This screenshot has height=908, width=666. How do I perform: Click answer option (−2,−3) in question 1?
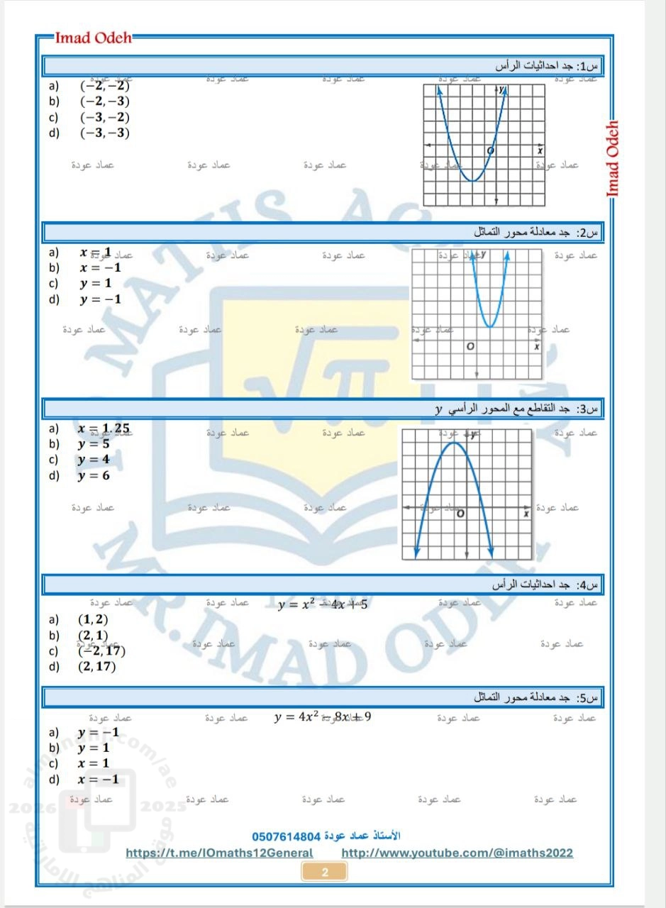point(105,101)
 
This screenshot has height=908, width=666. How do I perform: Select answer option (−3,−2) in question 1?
point(105,117)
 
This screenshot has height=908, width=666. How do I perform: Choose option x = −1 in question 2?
point(100,267)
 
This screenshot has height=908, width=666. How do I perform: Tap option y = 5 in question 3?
point(94,444)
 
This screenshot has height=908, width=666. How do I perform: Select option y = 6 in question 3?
point(94,475)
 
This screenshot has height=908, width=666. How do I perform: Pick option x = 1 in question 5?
point(94,763)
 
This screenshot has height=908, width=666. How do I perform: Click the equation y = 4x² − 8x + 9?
point(323,716)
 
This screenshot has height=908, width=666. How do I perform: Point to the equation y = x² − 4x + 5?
point(323,604)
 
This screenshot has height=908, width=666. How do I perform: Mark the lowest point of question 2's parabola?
point(490,327)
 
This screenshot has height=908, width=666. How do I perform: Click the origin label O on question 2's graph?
point(470,347)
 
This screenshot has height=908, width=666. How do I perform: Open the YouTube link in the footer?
point(457,853)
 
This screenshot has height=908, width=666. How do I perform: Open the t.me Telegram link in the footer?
point(219,853)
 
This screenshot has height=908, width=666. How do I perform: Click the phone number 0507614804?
point(287,835)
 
